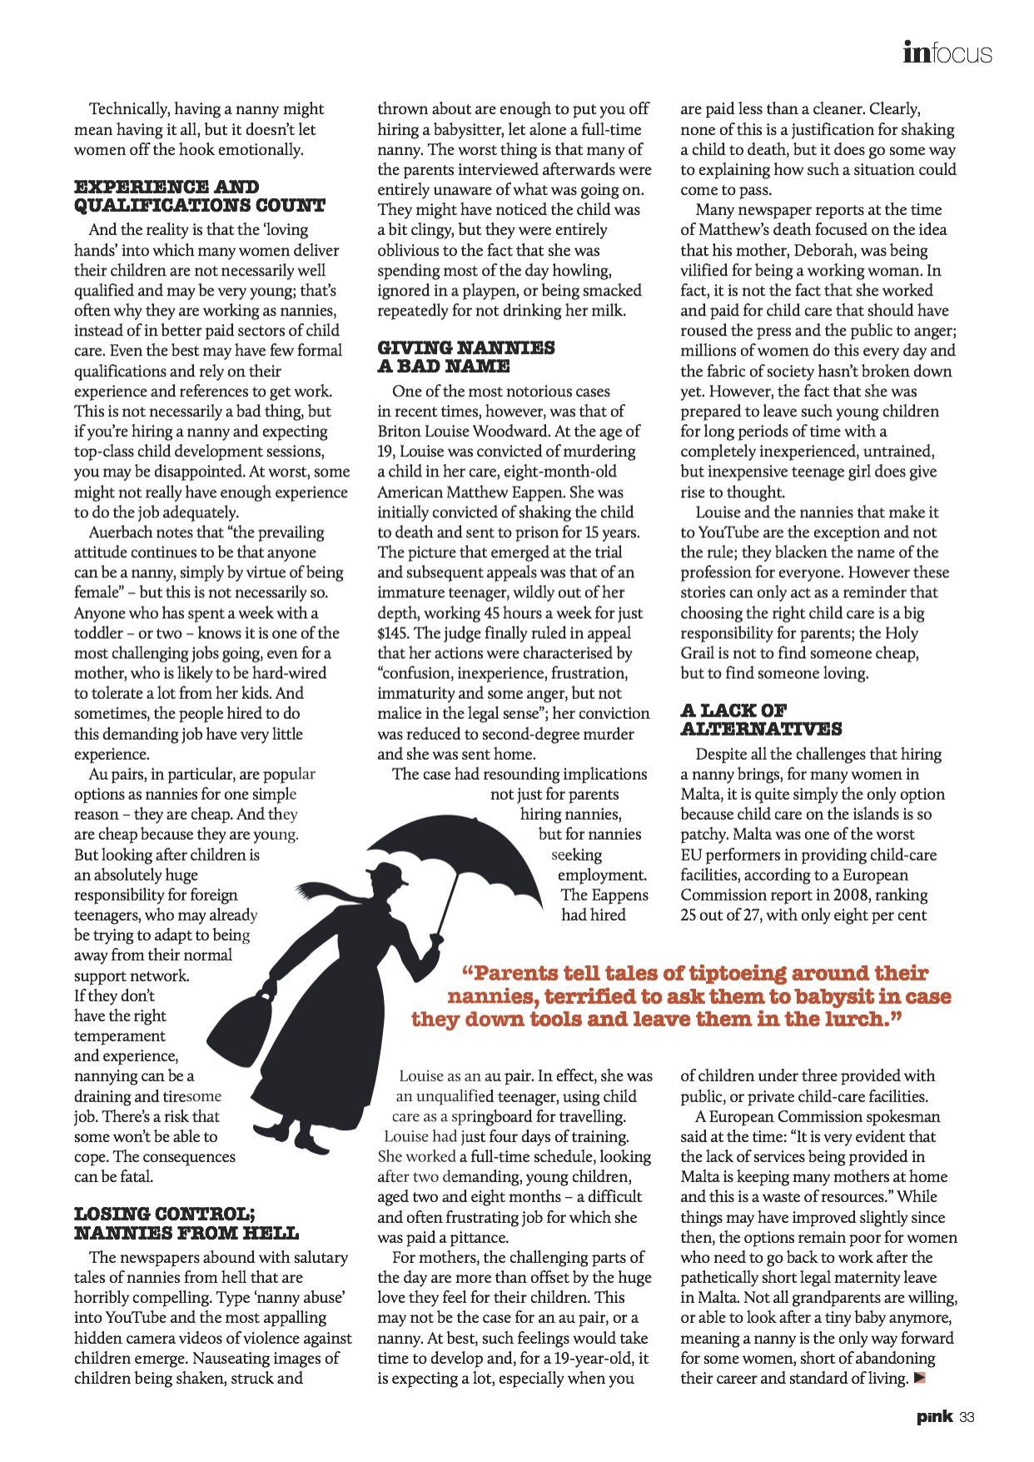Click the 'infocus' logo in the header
coord(947,53)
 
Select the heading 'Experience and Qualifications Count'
coord(199,197)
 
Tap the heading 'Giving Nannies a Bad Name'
coord(465,357)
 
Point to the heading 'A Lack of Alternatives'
coord(761,720)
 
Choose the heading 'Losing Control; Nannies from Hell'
coord(186,1223)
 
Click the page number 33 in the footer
coord(967,1417)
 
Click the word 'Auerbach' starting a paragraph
coord(123,532)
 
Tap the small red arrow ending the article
coord(919,1378)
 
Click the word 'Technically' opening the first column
coord(128,109)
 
